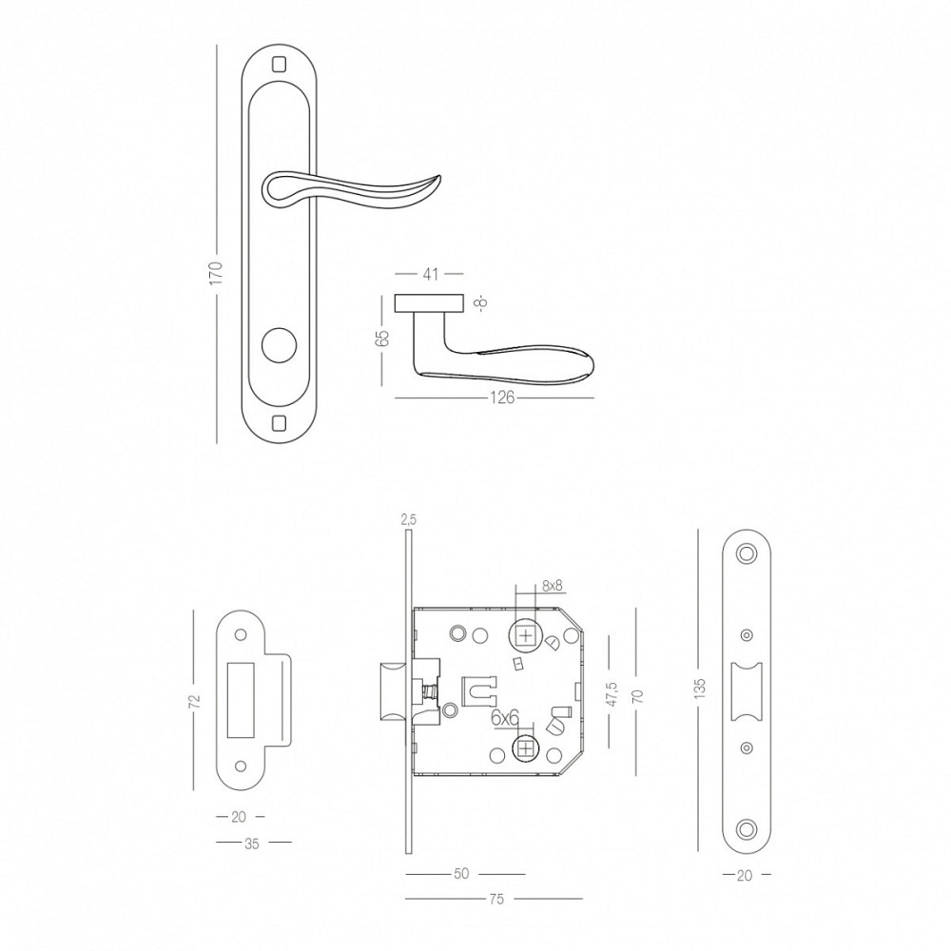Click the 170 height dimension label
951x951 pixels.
[216, 273]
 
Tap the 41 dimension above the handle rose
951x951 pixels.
[430, 274]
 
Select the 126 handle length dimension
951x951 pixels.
[501, 398]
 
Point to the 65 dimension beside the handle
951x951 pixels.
[382, 339]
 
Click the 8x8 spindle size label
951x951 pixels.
[553, 586]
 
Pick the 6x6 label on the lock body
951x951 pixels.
[505, 718]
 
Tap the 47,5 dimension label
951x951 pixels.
[611, 693]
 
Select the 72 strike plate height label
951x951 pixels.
[194, 701]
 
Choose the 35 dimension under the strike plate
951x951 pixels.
[252, 843]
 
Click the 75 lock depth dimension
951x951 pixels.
[496, 900]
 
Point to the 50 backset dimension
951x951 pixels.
[461, 874]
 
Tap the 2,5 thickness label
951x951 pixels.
[409, 520]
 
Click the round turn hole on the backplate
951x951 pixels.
[279, 346]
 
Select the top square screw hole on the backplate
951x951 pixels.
[279, 63]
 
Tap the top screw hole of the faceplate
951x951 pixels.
[747, 553]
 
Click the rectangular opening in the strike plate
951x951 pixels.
[241, 701]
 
